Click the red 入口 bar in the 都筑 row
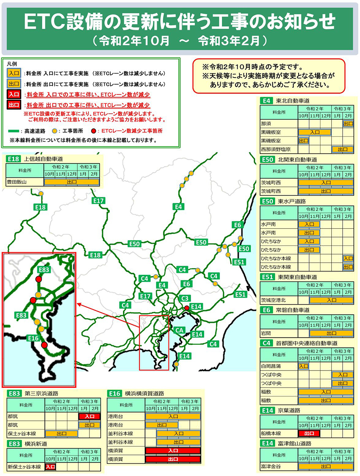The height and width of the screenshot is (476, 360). [89, 416]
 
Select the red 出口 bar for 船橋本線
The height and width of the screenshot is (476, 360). [309, 433]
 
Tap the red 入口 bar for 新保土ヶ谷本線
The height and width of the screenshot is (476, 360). [50, 467]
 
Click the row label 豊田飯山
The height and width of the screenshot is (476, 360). [17, 182]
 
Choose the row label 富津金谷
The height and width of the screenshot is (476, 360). [271, 467]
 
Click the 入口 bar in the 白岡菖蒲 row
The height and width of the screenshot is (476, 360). [303, 366]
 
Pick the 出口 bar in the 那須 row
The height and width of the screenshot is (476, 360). [348, 124]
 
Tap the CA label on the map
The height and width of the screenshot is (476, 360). [179, 330]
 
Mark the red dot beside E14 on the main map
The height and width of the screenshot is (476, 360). [186, 308]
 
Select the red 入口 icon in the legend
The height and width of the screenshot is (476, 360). [14, 94]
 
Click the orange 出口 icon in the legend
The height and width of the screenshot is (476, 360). [14, 83]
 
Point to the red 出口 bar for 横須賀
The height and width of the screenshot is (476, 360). [172, 459]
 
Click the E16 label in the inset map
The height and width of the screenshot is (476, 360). [33, 338]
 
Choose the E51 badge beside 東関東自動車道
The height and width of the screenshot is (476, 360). [267, 277]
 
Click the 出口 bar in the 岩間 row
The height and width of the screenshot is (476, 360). [325, 333]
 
